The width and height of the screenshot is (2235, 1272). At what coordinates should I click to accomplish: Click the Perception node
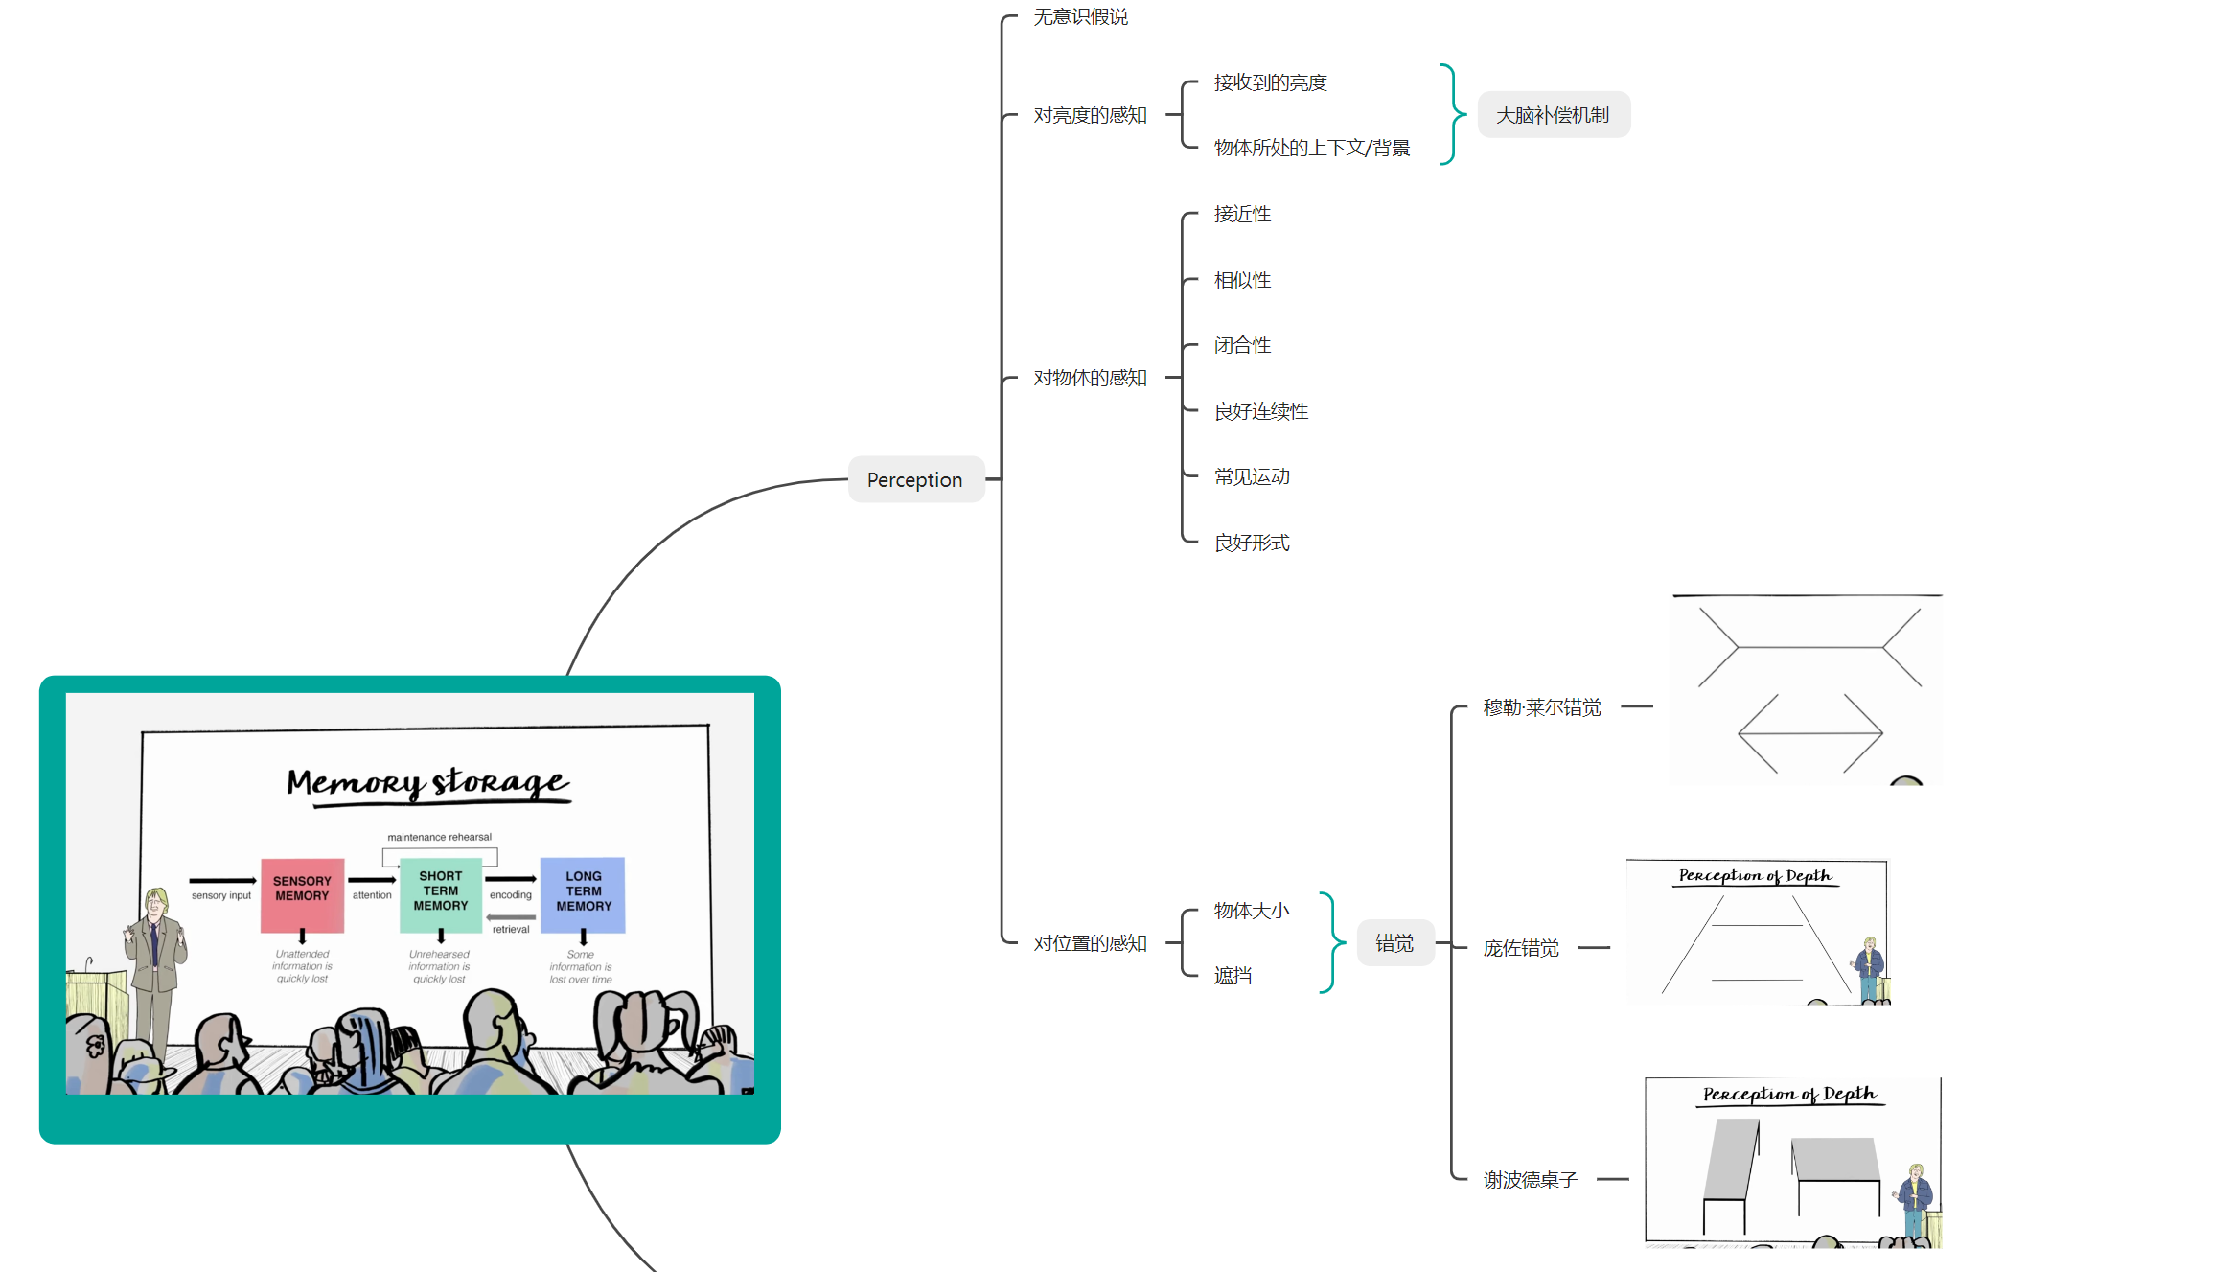click(x=915, y=479)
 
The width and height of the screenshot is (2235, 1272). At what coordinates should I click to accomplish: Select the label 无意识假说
click(x=1080, y=17)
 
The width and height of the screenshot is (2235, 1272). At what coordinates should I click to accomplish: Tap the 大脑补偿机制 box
click(x=1553, y=115)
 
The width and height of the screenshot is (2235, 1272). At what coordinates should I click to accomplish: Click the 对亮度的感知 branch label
click(x=1090, y=115)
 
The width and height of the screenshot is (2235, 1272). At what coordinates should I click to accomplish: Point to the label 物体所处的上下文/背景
click(x=1311, y=148)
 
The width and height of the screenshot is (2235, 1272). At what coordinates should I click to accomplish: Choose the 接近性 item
click(x=1242, y=214)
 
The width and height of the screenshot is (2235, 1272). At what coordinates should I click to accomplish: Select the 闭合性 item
click(x=1242, y=345)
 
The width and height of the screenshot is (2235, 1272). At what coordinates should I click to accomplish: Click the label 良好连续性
click(x=1260, y=411)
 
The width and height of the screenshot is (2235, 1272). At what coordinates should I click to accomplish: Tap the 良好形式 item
click(x=1252, y=543)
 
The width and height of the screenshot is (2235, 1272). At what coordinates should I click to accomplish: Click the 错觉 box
click(x=1394, y=943)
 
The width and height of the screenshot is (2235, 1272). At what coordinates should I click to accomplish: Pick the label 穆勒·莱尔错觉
click(x=1542, y=707)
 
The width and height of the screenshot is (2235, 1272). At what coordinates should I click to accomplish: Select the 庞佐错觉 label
click(x=1521, y=948)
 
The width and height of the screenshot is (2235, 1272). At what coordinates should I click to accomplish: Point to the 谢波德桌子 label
click(x=1530, y=1180)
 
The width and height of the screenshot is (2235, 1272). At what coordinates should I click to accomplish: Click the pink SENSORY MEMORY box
click(x=302, y=894)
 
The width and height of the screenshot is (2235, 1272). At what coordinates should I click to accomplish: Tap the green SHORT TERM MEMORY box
click(x=441, y=894)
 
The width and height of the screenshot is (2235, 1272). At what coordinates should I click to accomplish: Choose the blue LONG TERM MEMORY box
click(x=583, y=894)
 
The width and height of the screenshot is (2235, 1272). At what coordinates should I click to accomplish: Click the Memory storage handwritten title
click(x=428, y=783)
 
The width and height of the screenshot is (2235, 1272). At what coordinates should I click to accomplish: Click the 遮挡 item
click(x=1233, y=976)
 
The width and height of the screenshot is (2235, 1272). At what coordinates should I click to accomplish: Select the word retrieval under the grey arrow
click(x=511, y=930)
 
